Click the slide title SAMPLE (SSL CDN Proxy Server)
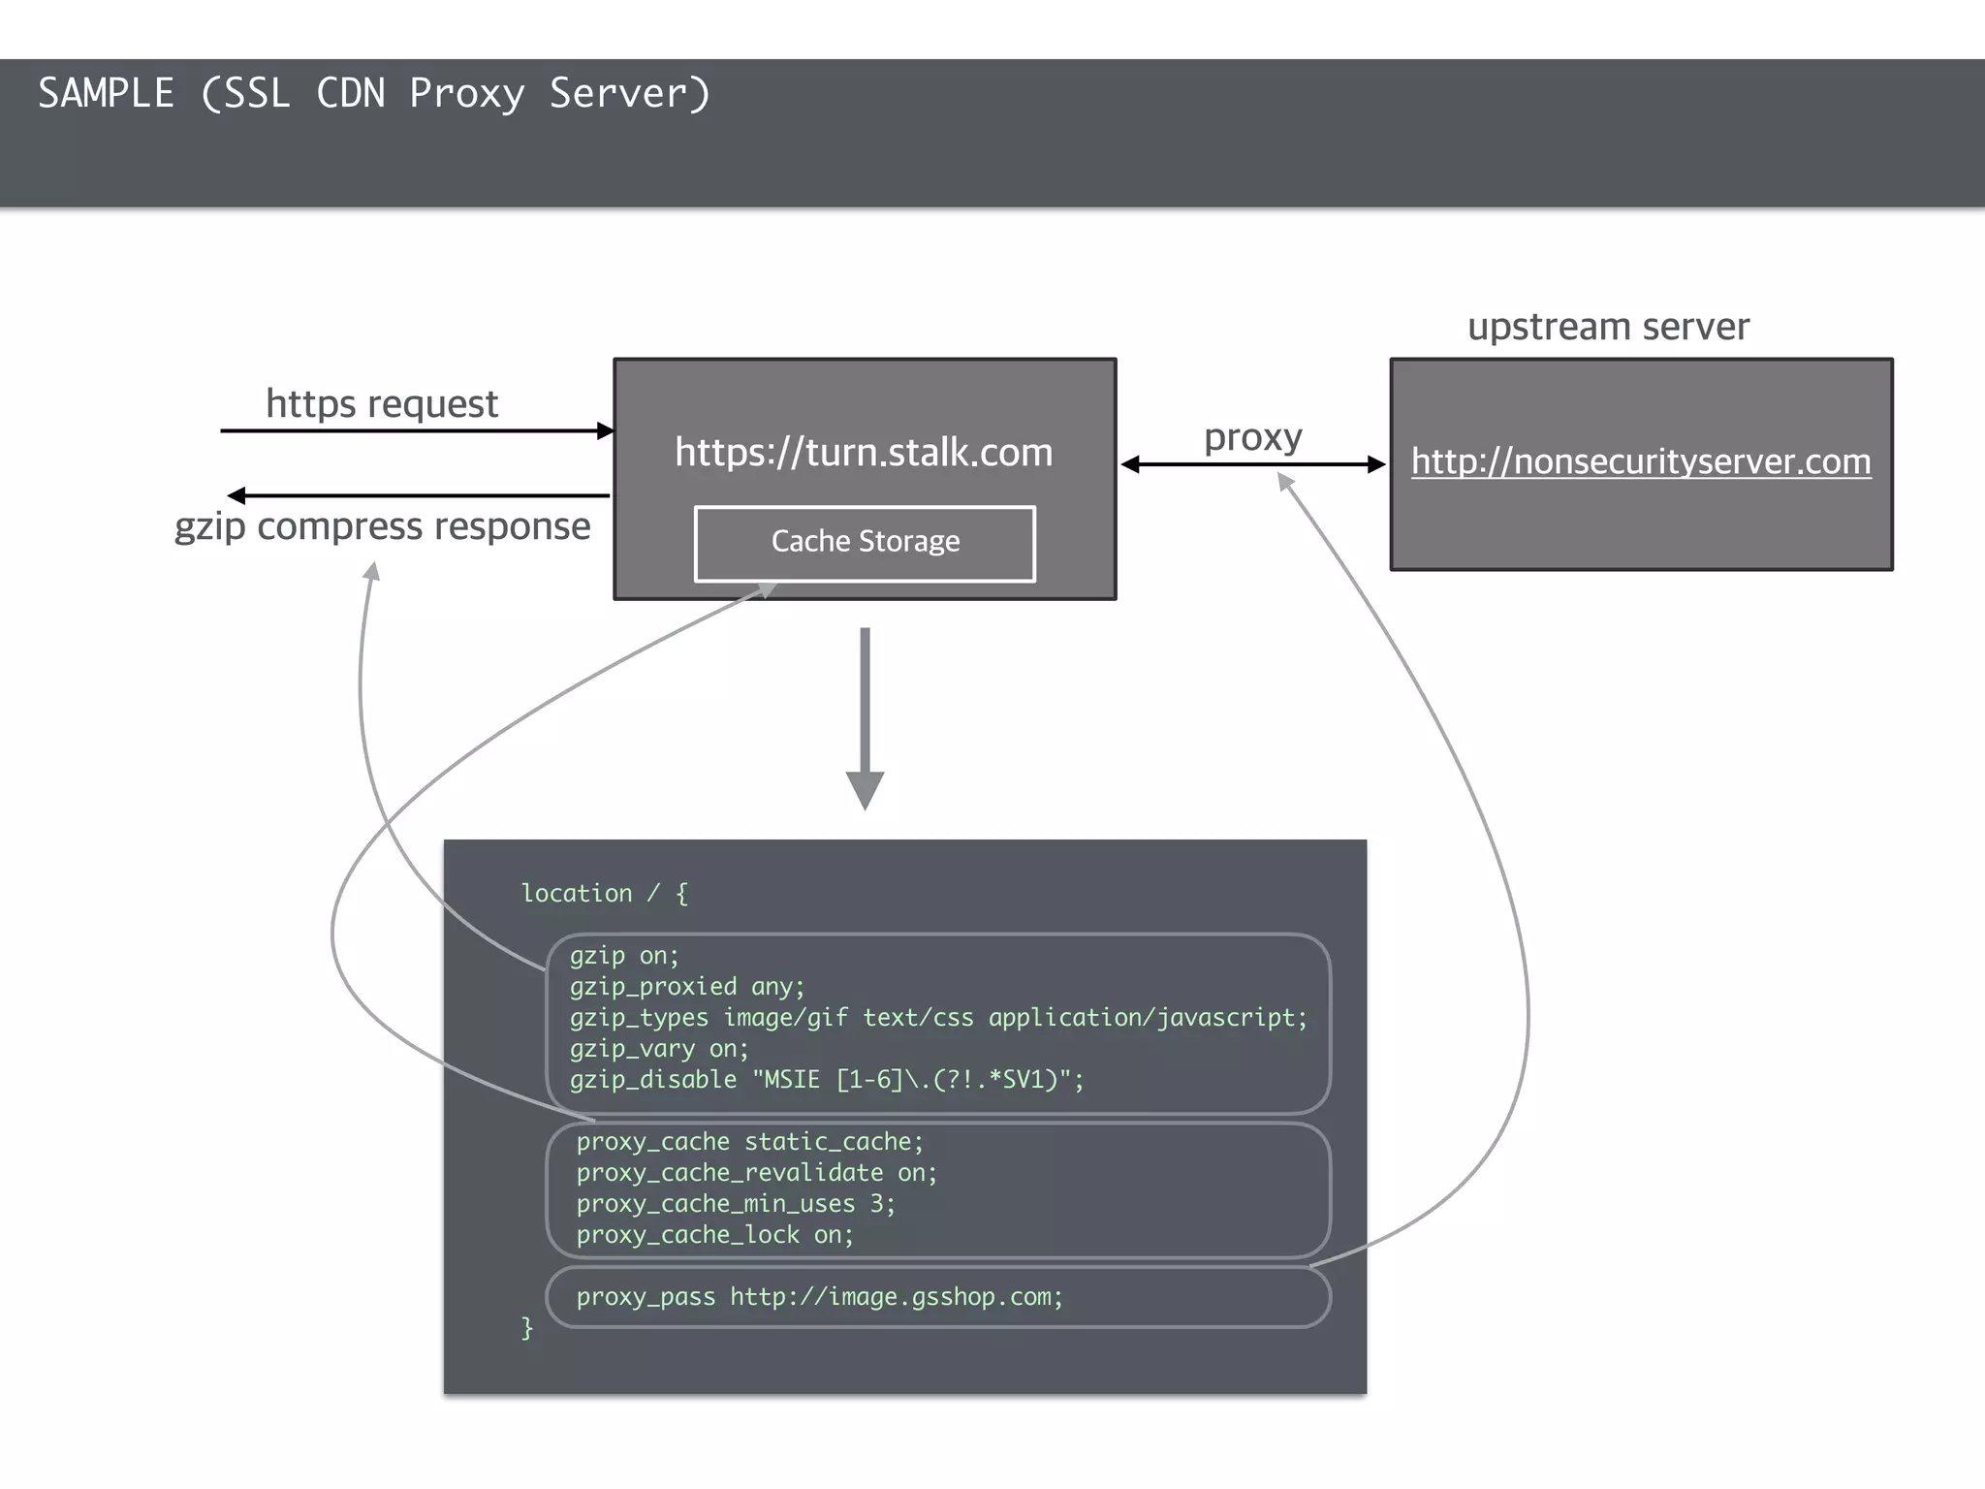point(374,94)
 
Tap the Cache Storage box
point(865,542)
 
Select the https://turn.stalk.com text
point(864,453)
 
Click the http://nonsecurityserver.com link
point(1641,461)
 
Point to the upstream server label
point(1608,327)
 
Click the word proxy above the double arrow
point(1252,437)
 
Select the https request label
point(382,403)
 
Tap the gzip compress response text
point(382,526)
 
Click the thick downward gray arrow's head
point(865,789)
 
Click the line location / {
point(605,893)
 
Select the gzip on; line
point(624,956)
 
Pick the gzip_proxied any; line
point(687,987)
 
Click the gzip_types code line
point(938,1018)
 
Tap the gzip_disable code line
point(827,1080)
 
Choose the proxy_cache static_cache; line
point(750,1142)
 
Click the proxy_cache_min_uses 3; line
point(736,1204)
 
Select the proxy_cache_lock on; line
point(715,1235)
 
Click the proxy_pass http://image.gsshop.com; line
point(819,1297)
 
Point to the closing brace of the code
point(527,1327)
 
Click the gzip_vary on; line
point(659,1049)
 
